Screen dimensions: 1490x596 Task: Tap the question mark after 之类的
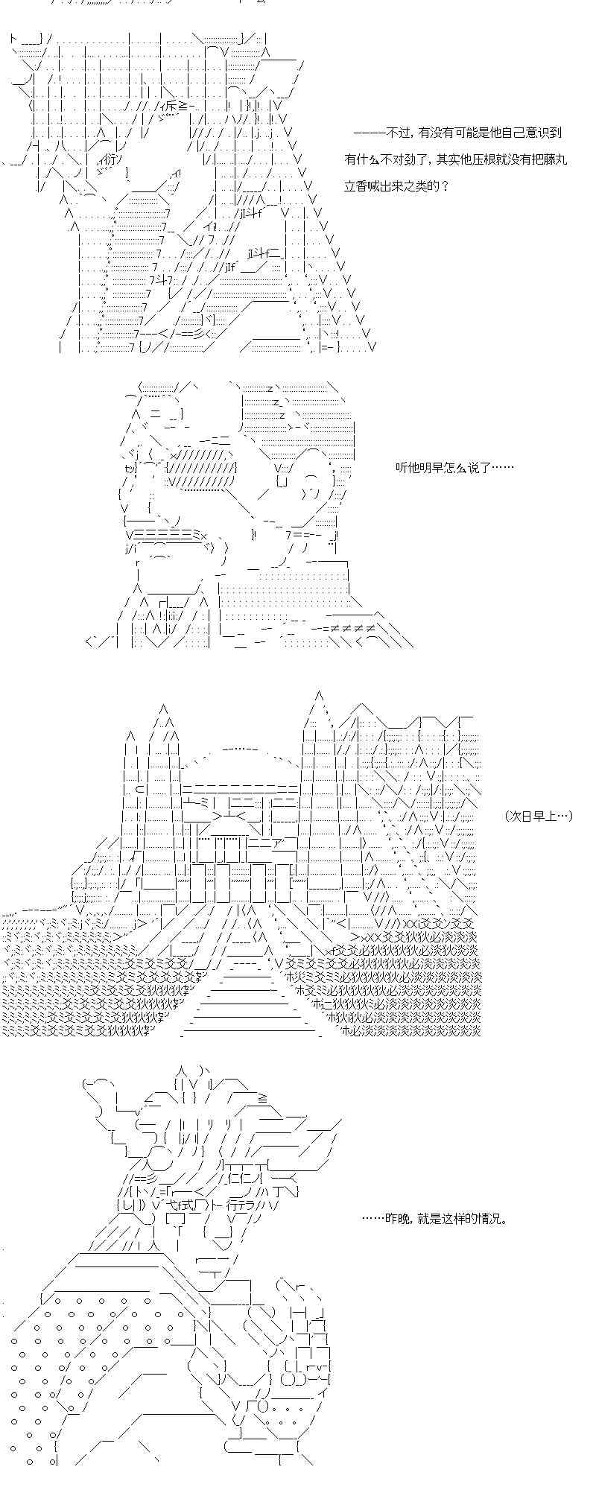(446, 186)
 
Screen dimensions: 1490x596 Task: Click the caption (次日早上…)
(538, 816)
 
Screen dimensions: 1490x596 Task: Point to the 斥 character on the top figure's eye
(169, 106)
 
